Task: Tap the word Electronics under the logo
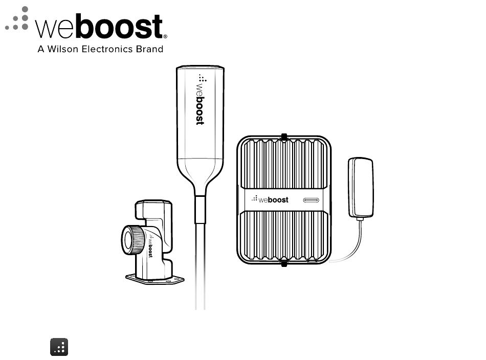coord(108,50)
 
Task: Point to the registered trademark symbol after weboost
coord(165,36)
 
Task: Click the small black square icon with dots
coord(59,347)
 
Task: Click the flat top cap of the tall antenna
coord(200,68)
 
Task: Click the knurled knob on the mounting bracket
coord(132,239)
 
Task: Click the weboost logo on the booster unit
coord(271,199)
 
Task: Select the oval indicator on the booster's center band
coord(311,199)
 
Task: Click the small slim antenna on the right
coord(361,187)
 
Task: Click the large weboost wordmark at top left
coord(100,27)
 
